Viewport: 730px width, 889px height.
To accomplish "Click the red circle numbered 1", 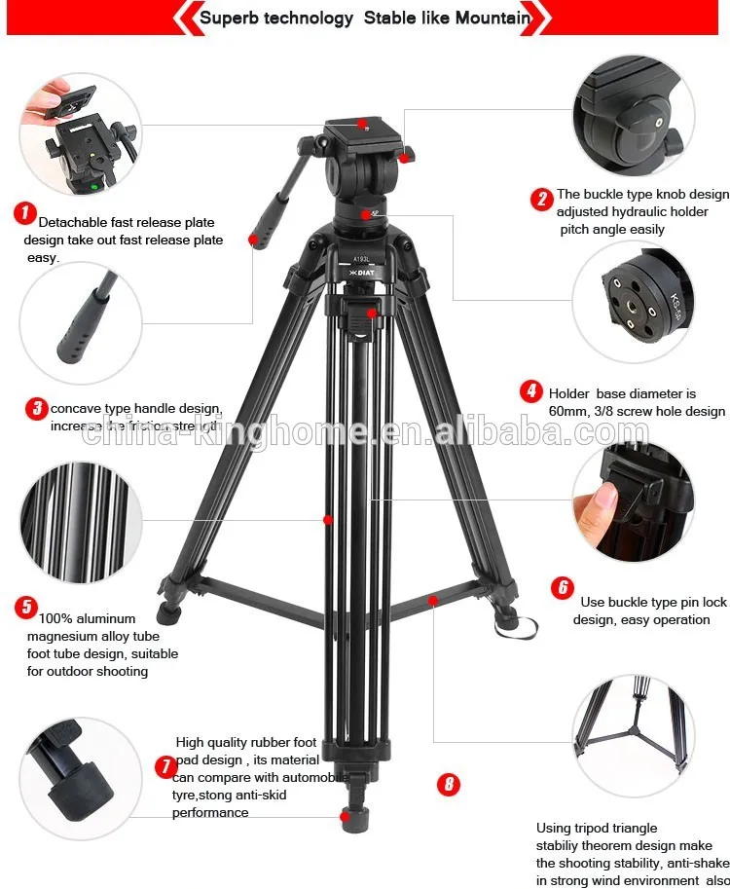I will tap(24, 213).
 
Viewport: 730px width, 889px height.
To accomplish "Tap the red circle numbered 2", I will tap(542, 200).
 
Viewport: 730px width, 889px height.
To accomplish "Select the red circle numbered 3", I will tap(36, 408).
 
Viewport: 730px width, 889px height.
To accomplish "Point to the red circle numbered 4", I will tap(530, 391).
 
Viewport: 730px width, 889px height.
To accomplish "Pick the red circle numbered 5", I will tap(25, 608).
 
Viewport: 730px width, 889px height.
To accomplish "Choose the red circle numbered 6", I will tap(562, 587).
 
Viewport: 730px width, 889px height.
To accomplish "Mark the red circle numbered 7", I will tap(166, 766).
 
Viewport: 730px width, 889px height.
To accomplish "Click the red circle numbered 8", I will tap(448, 784).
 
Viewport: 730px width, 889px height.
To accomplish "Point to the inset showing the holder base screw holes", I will tap(632, 302).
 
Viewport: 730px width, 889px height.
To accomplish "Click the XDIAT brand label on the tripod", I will tap(362, 273).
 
